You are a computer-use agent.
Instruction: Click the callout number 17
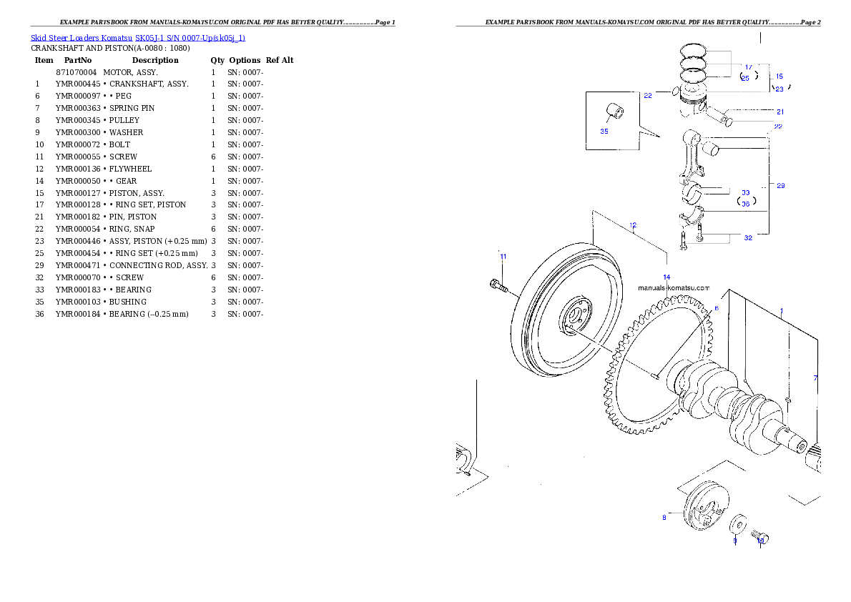pos(749,66)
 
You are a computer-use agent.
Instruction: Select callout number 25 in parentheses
pos(745,78)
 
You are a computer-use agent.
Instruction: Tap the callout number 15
pos(779,76)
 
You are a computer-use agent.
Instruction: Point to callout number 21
pos(780,112)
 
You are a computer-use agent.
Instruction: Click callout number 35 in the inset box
pos(604,132)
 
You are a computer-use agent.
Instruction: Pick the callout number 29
pos(780,186)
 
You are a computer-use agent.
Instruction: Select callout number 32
pos(748,237)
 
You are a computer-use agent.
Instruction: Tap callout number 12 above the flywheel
pos(633,225)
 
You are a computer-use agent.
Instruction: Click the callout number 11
pos(503,256)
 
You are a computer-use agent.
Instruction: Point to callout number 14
pos(666,276)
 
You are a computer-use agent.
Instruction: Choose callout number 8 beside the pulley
pos(664,517)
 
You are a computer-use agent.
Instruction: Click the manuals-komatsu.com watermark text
pos(674,288)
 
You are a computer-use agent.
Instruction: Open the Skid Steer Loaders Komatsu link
pos(137,38)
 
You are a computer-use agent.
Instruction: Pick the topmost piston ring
pos(694,50)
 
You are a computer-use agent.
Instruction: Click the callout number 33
pos(745,193)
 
